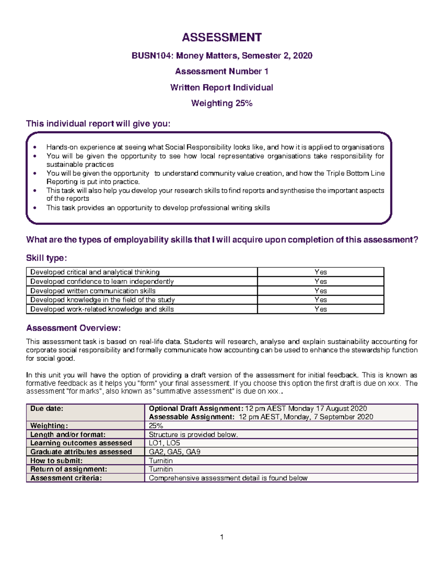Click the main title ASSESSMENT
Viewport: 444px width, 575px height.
[x=222, y=37]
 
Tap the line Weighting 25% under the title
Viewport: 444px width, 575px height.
[x=222, y=103]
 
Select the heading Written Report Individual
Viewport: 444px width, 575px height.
[x=222, y=87]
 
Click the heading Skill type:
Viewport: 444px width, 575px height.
[x=46, y=258]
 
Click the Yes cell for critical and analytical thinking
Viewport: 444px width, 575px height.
[x=320, y=272]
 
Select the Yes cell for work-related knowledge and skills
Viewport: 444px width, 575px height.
[x=320, y=309]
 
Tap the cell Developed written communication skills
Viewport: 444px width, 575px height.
[x=93, y=291]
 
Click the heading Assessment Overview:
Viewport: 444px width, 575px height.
[x=73, y=328]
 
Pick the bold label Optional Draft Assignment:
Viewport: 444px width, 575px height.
[x=196, y=408]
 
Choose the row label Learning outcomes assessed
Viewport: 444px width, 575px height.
[x=81, y=443]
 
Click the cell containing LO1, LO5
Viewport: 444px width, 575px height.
[x=164, y=443]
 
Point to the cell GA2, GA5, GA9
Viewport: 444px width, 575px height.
[x=174, y=452]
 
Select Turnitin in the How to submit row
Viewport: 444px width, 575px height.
[x=161, y=461]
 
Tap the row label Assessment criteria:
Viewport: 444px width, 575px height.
[x=66, y=478]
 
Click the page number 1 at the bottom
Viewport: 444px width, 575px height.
[x=222, y=537]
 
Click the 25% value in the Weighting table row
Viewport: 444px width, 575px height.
[x=156, y=426]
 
